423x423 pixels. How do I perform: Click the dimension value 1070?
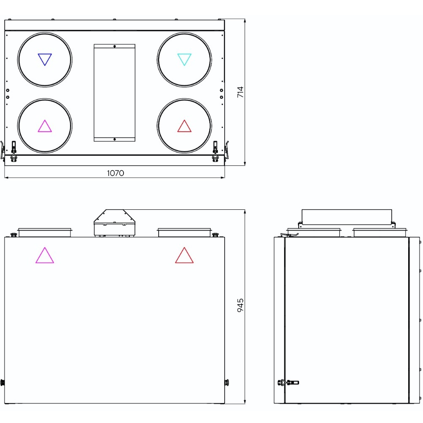tap(115, 173)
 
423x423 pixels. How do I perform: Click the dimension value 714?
tap(240, 92)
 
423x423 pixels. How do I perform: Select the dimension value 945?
tap(240, 305)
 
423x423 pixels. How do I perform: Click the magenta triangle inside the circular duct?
tap(45, 126)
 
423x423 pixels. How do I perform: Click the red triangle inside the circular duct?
tap(184, 126)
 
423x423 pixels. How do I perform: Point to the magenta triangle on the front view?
tap(45, 255)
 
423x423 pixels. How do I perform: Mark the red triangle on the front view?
tap(184, 255)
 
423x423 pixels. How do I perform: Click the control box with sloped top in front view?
tap(114, 223)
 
